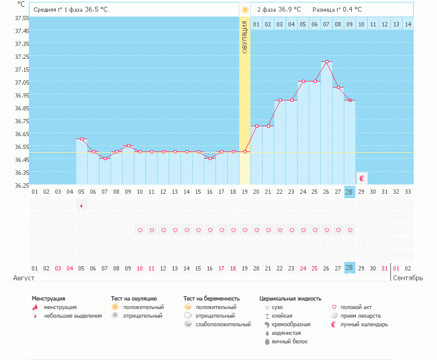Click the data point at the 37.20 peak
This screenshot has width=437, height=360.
327,61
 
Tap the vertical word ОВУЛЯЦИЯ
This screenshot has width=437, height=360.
245,37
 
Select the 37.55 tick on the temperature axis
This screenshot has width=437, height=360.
21,18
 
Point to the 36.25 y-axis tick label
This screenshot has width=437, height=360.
21,185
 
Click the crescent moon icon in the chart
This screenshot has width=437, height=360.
362,178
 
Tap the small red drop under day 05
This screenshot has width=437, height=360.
82,205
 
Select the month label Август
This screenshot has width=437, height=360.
24,278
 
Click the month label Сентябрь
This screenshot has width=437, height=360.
408,278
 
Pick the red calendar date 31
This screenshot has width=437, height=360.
385,269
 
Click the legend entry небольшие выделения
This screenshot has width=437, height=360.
73,316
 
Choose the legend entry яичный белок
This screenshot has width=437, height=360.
290,342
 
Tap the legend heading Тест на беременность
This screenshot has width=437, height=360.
212,299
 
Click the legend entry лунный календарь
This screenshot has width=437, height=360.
364,324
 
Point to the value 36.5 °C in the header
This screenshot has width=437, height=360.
96,9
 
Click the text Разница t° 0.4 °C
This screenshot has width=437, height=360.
337,9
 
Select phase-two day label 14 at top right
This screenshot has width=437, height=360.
408,25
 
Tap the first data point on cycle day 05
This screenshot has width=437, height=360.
82,139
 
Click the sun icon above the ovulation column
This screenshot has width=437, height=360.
245,10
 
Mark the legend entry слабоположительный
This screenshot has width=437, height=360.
223,324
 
